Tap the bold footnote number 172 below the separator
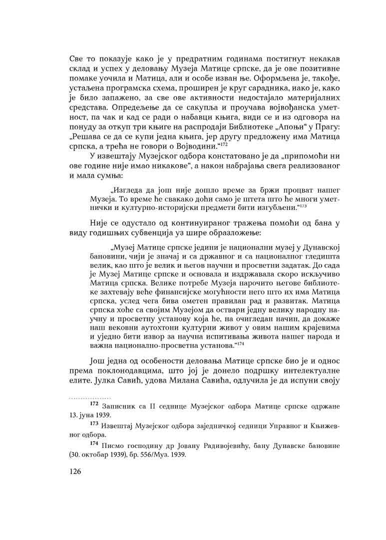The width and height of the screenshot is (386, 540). click(93, 403)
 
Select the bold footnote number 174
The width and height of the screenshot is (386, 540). click(93, 444)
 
